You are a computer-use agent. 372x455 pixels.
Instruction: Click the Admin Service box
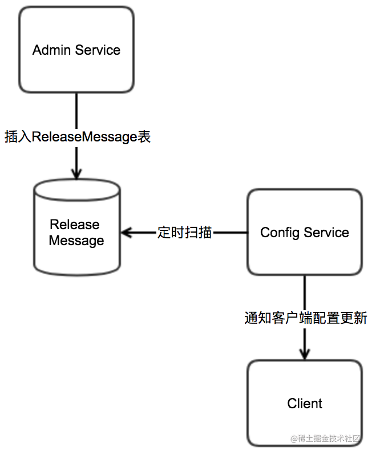pyautogui.click(x=76, y=50)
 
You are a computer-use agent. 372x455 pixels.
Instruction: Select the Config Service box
pyautogui.click(x=304, y=233)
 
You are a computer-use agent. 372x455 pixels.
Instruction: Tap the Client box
pyautogui.click(x=304, y=404)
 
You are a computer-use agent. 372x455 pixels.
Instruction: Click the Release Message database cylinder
pyautogui.click(x=76, y=228)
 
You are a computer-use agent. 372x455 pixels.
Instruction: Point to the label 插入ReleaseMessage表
pyautogui.click(x=77, y=137)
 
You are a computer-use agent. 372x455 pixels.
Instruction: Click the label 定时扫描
pyautogui.click(x=184, y=233)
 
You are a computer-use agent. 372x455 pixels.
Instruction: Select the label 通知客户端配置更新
pyautogui.click(x=305, y=318)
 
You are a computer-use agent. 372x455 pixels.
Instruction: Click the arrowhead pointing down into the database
pyautogui.click(x=76, y=172)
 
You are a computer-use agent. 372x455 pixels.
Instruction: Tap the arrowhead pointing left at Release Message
pyautogui.click(x=127, y=233)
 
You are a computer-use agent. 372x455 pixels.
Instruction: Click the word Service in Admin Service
pyautogui.click(x=99, y=50)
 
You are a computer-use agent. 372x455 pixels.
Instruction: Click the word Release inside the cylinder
pyautogui.click(x=75, y=224)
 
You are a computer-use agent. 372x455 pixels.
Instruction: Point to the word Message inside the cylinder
pyautogui.click(x=76, y=241)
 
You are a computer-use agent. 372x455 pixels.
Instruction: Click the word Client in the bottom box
pyautogui.click(x=305, y=404)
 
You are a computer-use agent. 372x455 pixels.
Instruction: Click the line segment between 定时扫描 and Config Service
pyautogui.click(x=230, y=233)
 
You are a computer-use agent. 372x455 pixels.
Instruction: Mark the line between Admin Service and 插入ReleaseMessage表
pyautogui.click(x=76, y=109)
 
